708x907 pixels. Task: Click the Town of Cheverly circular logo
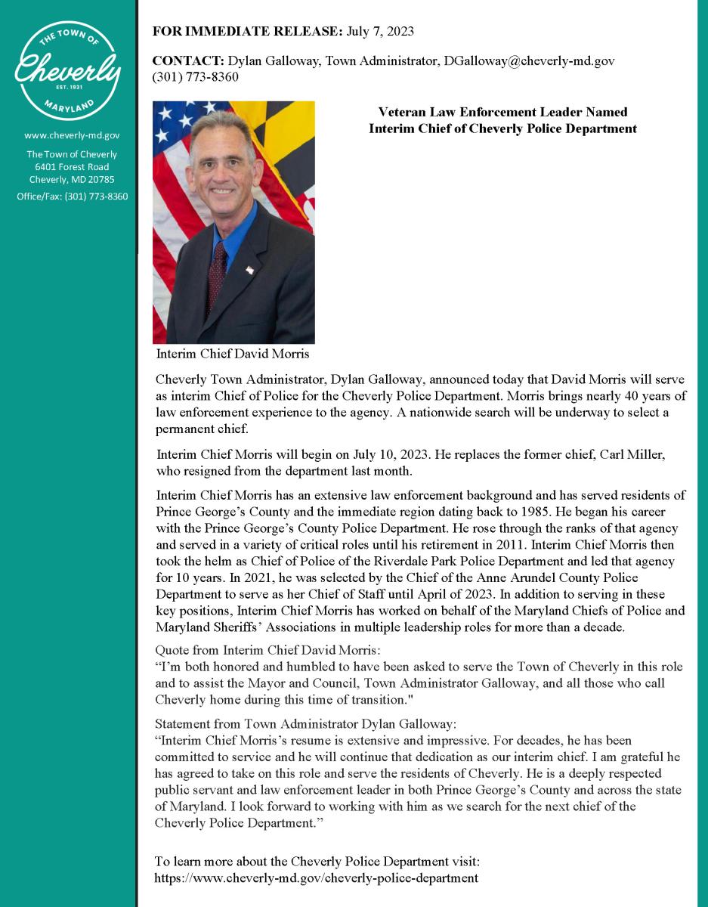(x=68, y=71)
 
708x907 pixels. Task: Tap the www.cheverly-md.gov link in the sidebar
(x=72, y=135)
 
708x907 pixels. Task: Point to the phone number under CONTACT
(x=195, y=77)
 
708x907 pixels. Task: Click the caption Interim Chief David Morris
(x=232, y=354)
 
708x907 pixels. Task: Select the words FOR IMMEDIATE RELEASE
(x=247, y=31)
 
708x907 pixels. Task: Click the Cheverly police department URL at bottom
(x=316, y=878)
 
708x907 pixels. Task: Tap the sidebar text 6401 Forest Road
(x=72, y=167)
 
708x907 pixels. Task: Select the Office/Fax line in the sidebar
(x=72, y=197)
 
